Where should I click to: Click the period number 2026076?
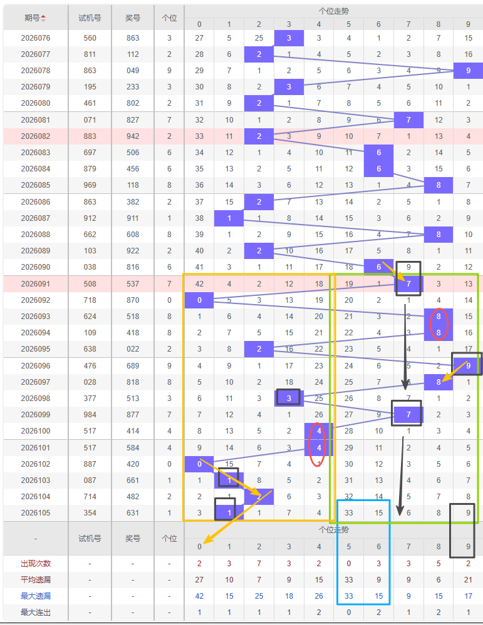(x=36, y=38)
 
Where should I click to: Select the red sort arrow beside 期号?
(x=43, y=18)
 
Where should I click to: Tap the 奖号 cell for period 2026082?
(x=133, y=136)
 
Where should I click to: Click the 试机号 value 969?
(x=90, y=185)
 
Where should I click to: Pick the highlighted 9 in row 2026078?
(x=468, y=71)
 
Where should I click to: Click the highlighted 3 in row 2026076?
(x=289, y=38)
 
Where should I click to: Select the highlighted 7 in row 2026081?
(x=408, y=120)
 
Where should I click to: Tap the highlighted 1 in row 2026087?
(x=229, y=218)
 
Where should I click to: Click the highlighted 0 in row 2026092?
(x=199, y=300)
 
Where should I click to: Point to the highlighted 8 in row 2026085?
(x=439, y=185)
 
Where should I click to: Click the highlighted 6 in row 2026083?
(x=379, y=153)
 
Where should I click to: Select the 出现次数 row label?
(x=36, y=564)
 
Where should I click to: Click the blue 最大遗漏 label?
(x=36, y=596)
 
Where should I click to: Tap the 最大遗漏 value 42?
(x=199, y=596)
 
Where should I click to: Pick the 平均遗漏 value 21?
(x=468, y=580)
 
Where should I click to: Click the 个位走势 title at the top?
(x=334, y=11)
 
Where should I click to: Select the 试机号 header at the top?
(x=90, y=18)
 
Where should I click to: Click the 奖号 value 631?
(x=133, y=513)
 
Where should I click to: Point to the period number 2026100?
(x=36, y=431)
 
